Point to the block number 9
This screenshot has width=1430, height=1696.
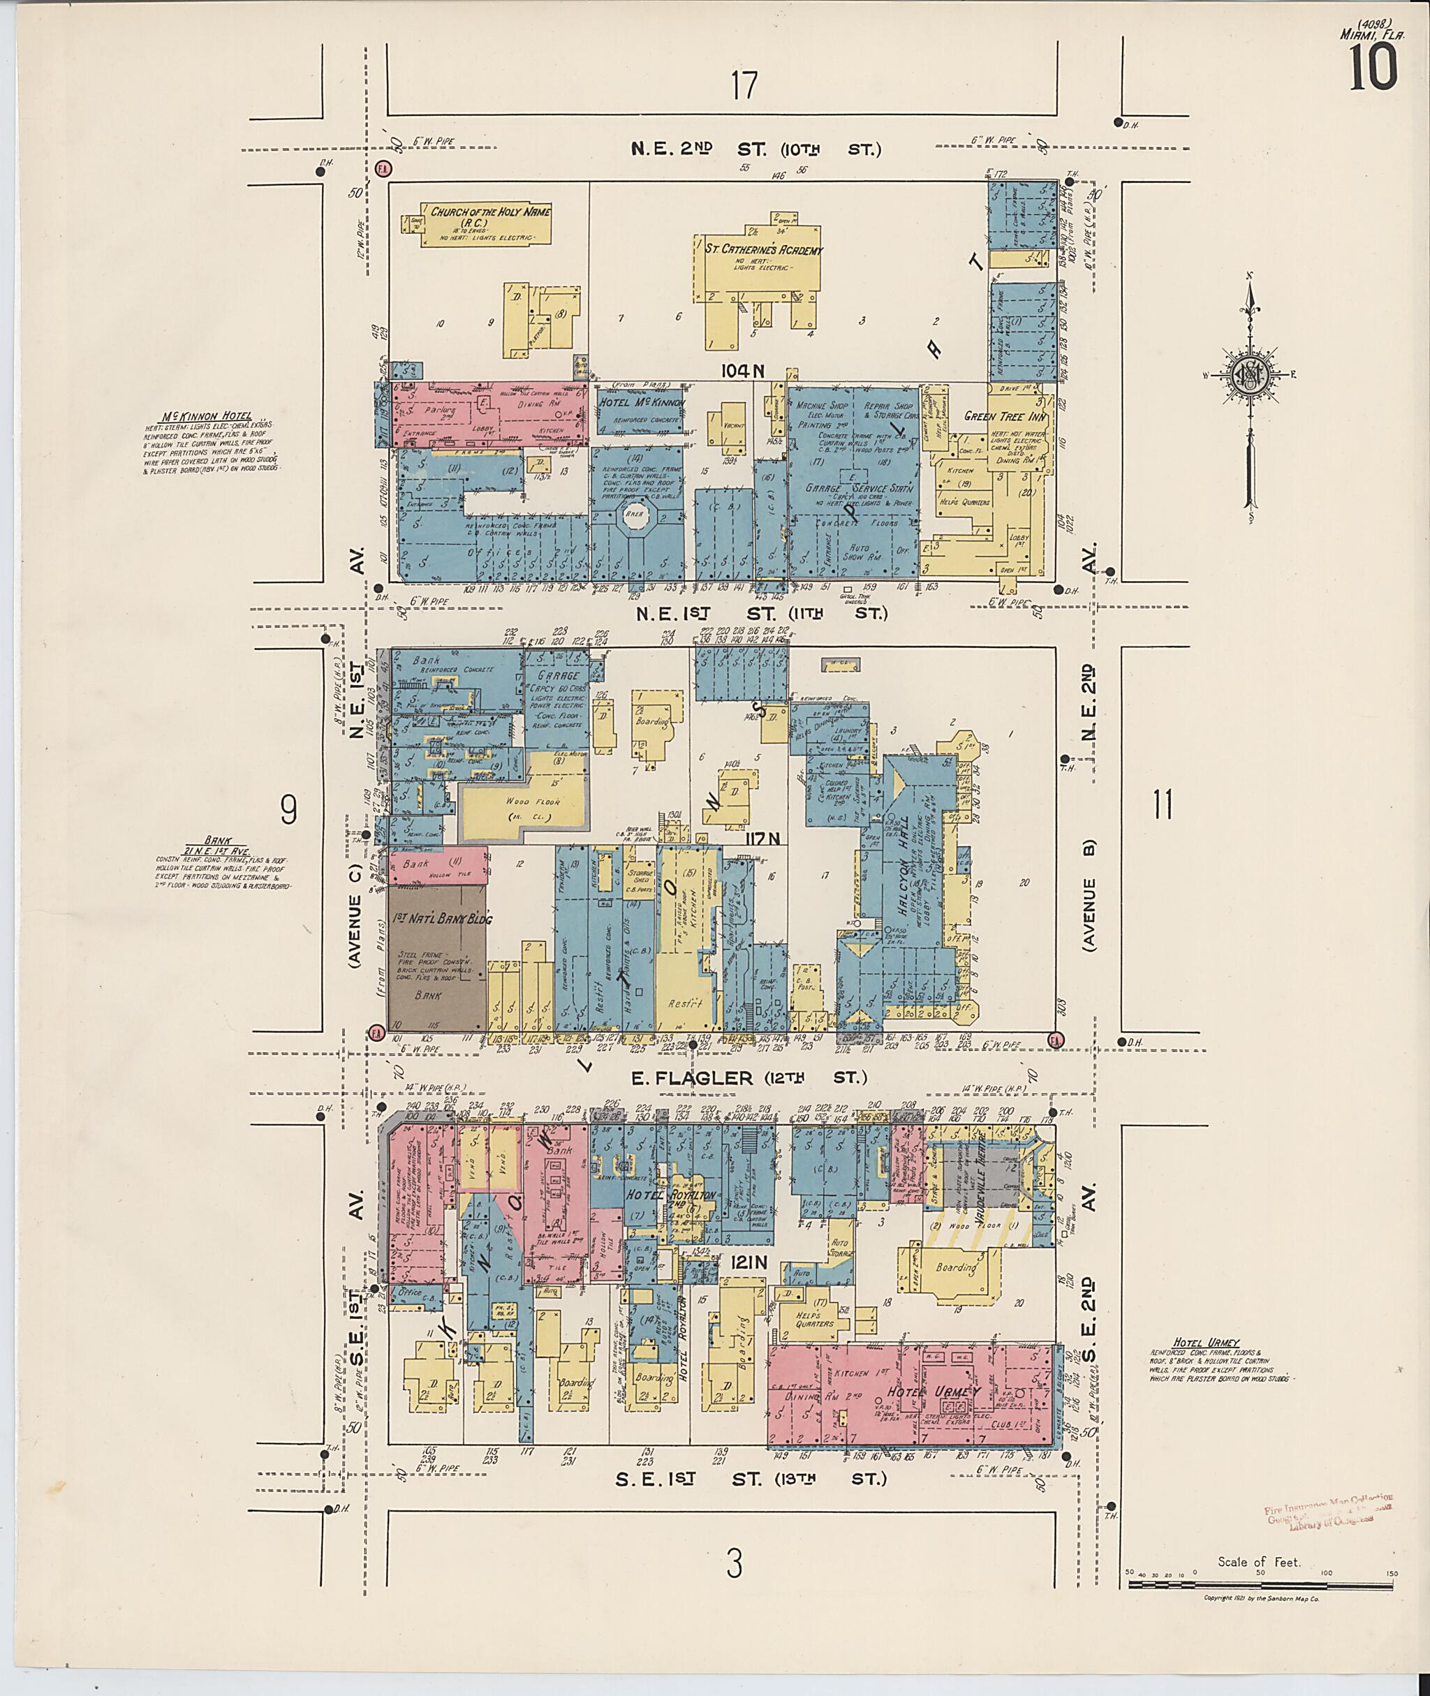tap(288, 810)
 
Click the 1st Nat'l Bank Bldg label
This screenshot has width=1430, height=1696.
tap(443, 920)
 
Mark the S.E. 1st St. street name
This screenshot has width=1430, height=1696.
tap(750, 1479)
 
